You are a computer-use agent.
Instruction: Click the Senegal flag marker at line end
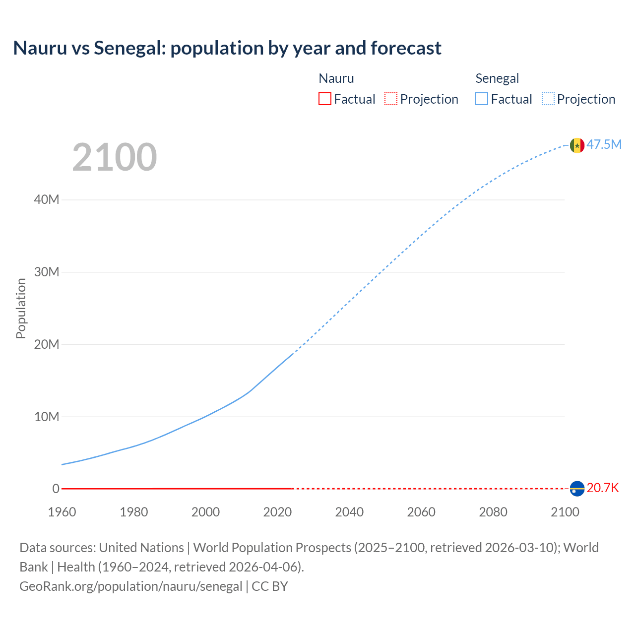(577, 145)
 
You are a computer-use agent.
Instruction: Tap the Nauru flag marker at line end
(577, 489)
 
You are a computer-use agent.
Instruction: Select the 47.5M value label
(604, 144)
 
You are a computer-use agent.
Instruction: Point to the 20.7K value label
(603, 488)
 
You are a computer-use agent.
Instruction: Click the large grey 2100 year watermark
(115, 157)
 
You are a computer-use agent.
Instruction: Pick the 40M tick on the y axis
(47, 200)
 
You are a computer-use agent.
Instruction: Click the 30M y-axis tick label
(47, 272)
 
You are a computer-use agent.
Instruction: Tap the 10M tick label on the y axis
(47, 417)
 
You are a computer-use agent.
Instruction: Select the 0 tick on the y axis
(56, 489)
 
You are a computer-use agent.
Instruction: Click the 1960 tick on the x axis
(62, 512)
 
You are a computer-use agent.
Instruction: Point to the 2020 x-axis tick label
(277, 512)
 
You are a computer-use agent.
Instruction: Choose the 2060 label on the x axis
(421, 512)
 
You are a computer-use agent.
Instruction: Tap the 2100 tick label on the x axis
(565, 512)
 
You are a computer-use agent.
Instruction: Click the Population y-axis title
(21, 308)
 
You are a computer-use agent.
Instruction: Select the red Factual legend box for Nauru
(325, 99)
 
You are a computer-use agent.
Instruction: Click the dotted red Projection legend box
(391, 99)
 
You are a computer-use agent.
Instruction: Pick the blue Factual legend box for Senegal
(482, 99)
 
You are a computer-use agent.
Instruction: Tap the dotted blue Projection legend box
(548, 99)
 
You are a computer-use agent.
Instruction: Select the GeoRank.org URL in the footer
(131, 586)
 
